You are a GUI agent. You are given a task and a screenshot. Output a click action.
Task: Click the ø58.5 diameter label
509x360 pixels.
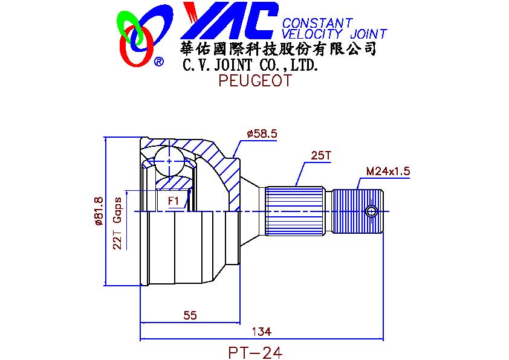click(x=262, y=133)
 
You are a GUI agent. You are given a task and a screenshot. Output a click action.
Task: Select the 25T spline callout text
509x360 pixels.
click(x=320, y=155)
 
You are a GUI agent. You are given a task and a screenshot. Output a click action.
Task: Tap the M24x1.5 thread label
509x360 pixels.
click(x=388, y=171)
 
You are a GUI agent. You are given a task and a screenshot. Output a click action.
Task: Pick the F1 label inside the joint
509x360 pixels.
click(x=173, y=201)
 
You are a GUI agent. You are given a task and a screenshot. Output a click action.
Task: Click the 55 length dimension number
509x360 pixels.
click(x=190, y=315)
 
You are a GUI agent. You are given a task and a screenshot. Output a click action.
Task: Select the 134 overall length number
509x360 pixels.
click(x=262, y=332)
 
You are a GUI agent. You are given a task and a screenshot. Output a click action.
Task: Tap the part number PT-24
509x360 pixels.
click(x=255, y=353)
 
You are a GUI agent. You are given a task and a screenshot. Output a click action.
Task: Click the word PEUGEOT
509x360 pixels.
click(x=255, y=80)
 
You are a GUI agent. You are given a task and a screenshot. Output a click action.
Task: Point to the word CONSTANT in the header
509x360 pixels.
click(x=317, y=23)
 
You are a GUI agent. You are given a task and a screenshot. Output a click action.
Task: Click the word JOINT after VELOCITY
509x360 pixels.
click(x=368, y=34)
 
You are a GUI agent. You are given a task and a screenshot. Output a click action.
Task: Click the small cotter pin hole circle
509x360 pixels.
click(x=372, y=211)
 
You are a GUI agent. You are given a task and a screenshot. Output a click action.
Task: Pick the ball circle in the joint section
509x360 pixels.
click(x=169, y=161)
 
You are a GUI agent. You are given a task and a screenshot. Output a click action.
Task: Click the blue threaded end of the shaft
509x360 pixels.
click(x=357, y=211)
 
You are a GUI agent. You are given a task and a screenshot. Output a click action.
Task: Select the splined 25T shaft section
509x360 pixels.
click(x=295, y=211)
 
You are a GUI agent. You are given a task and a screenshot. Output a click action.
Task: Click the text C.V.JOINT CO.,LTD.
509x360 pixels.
click(x=250, y=65)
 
